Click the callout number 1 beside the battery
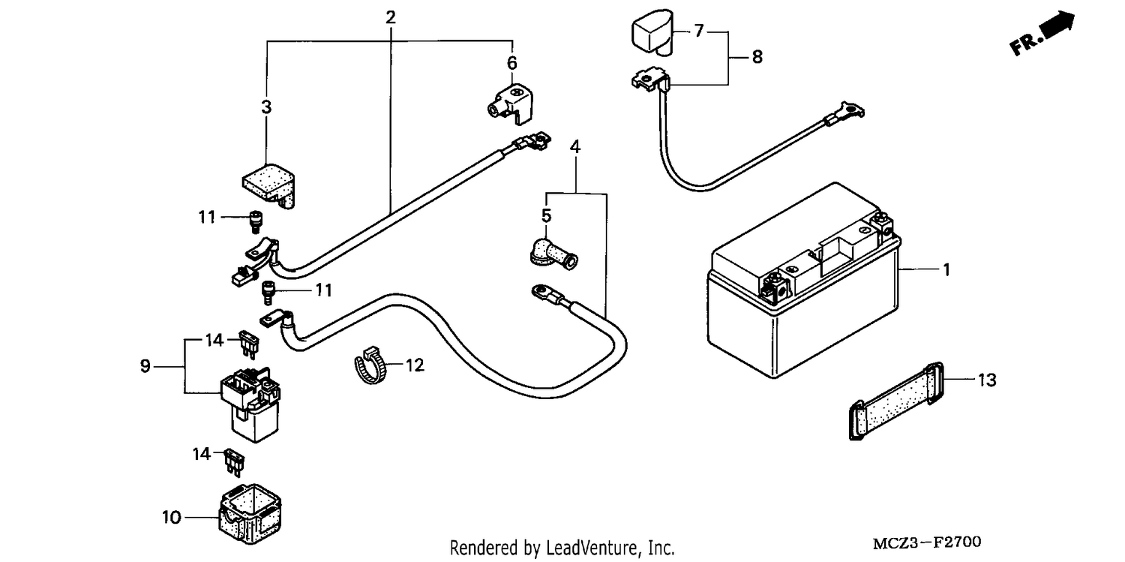tap(946, 270)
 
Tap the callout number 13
tap(987, 380)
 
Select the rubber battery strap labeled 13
tap(896, 401)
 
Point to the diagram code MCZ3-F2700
tap(926, 543)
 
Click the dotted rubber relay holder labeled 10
tap(250, 514)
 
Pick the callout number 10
tap(171, 517)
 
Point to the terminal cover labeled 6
tap(510, 104)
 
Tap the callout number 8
tap(757, 57)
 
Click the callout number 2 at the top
tap(391, 17)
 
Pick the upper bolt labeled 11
tap(256, 221)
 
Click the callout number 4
tap(575, 146)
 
